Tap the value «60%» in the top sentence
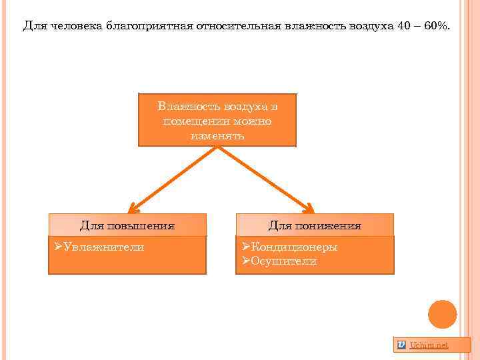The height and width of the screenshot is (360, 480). [x=435, y=26]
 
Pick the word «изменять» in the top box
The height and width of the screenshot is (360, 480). [x=217, y=136]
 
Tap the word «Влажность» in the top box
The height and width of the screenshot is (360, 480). [x=184, y=107]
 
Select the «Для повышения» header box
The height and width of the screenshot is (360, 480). [x=127, y=225]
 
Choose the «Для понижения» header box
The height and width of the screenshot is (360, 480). [x=315, y=225]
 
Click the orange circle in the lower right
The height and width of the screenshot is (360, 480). [x=442, y=314]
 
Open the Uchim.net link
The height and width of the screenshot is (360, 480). [x=429, y=345]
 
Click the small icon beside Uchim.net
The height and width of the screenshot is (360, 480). [x=401, y=345]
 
